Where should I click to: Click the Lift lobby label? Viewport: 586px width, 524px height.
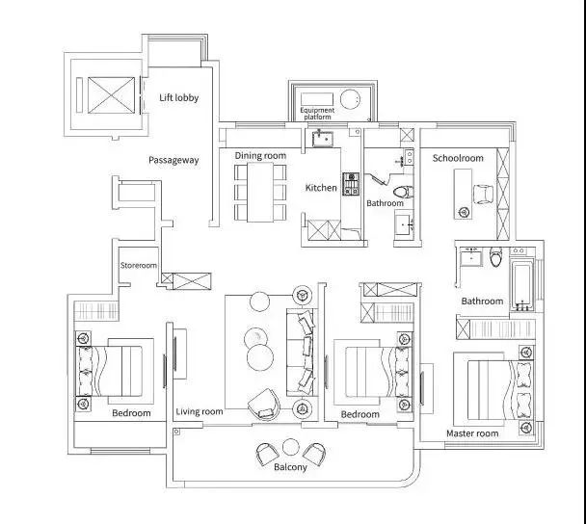click(178, 98)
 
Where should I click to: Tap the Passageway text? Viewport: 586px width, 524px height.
click(173, 160)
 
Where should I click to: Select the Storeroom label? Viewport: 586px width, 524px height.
click(138, 265)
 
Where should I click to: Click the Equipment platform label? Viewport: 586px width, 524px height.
click(317, 114)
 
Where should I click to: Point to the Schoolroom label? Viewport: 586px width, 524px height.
click(458, 158)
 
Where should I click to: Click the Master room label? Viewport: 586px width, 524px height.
click(472, 433)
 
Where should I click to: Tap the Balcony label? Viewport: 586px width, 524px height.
click(290, 467)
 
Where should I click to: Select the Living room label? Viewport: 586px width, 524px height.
click(200, 411)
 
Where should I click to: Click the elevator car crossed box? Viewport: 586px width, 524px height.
click(112, 94)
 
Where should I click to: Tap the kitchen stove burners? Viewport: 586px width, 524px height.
click(351, 184)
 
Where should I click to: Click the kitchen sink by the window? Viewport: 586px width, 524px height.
click(323, 138)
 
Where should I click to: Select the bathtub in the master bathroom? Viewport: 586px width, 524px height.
click(521, 286)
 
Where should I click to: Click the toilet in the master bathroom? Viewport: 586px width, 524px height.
click(495, 257)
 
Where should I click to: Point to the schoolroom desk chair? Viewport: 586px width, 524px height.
click(484, 195)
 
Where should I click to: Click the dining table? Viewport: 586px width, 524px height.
click(260, 192)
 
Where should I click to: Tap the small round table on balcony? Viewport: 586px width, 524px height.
click(290, 447)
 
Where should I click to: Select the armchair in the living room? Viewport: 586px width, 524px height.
click(264, 405)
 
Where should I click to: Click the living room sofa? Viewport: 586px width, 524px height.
click(303, 353)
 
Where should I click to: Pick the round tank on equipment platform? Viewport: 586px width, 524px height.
click(351, 99)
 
